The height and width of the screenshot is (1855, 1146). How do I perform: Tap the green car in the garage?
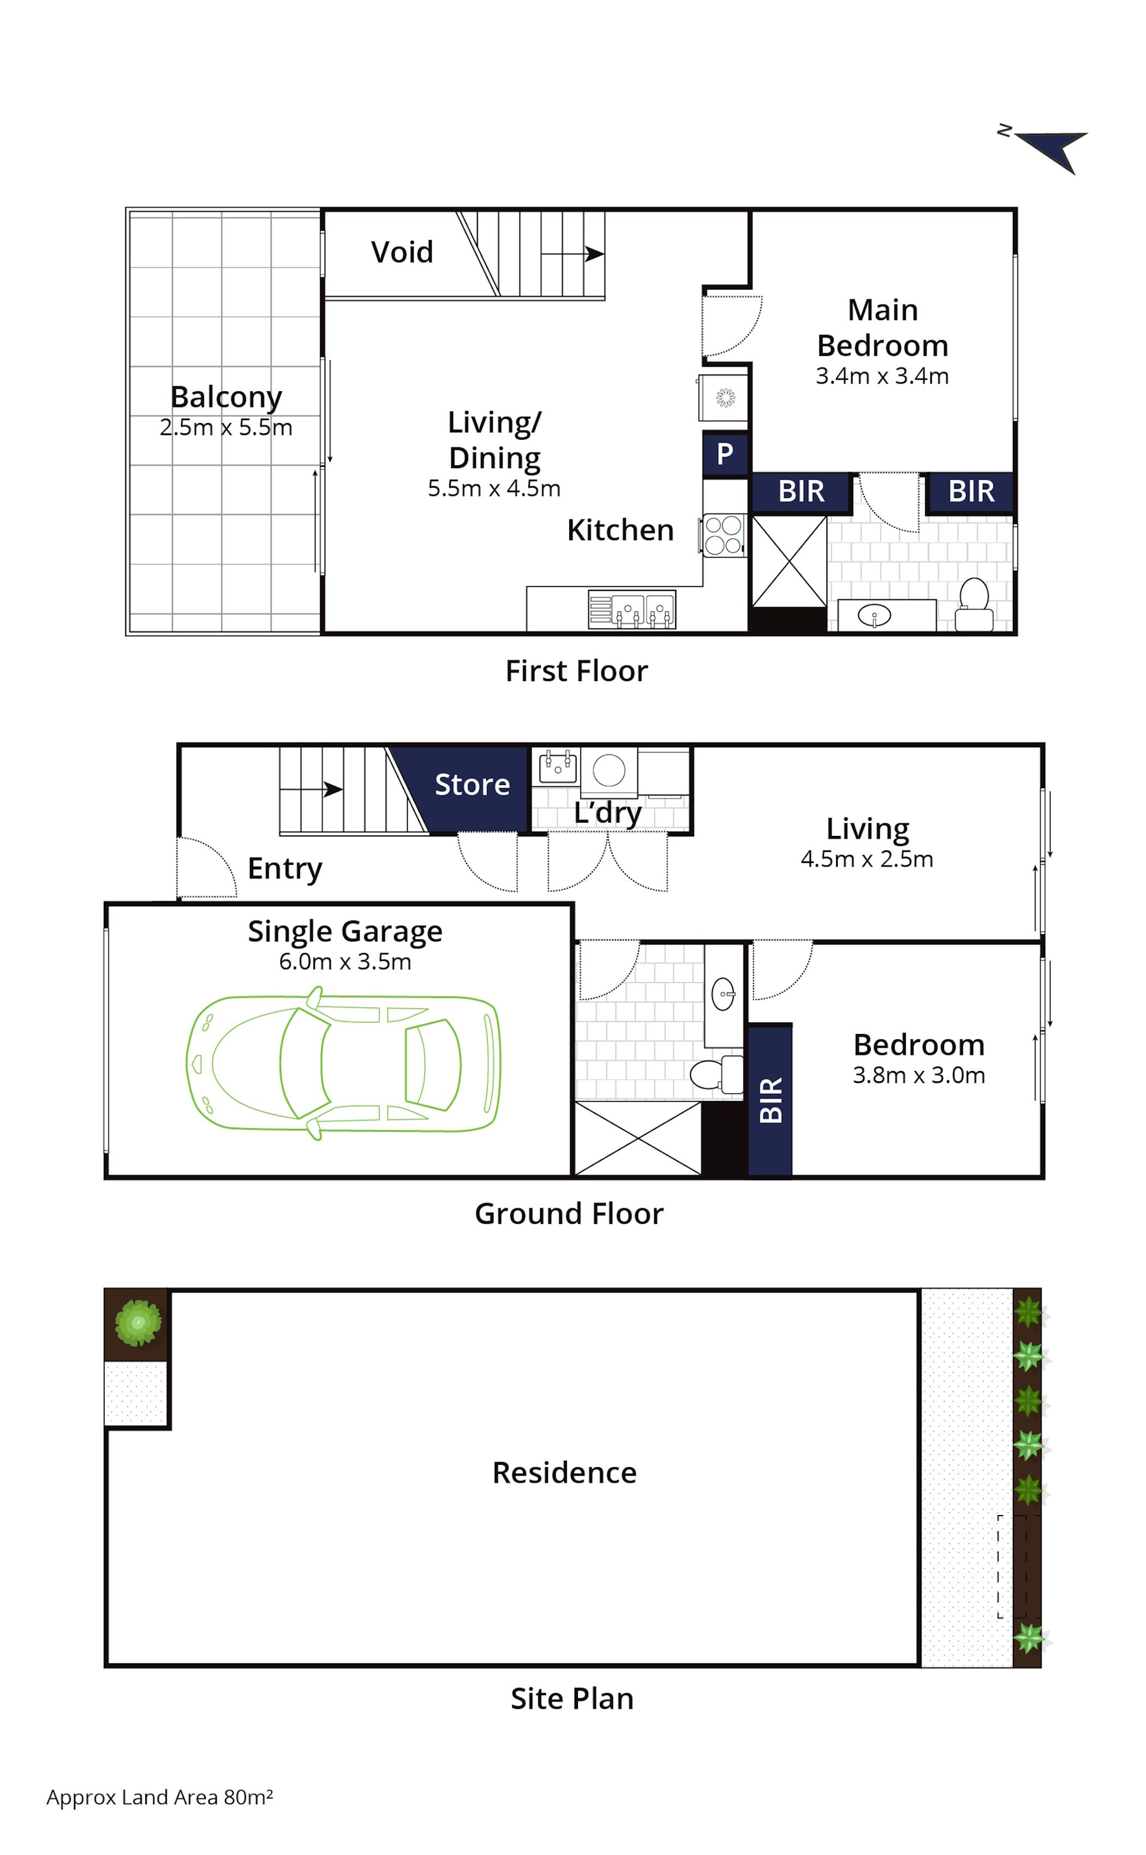[343, 1062]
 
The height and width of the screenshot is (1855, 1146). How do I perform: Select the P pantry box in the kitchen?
[725, 454]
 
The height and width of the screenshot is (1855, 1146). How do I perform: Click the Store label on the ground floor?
[472, 785]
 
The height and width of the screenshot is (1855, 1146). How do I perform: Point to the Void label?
[402, 252]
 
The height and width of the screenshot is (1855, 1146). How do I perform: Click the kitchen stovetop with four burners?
[723, 535]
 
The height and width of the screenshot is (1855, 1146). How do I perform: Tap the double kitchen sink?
[643, 610]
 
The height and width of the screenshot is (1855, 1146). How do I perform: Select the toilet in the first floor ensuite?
[974, 605]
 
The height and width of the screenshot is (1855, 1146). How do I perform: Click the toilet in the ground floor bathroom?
[716, 1074]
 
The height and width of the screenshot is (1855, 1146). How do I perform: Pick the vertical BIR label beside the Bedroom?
[771, 1100]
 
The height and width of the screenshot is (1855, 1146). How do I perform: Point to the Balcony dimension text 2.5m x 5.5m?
[226, 427]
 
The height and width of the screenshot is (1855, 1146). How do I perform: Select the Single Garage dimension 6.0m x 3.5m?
[345, 961]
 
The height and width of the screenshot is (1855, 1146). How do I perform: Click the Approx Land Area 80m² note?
[159, 1797]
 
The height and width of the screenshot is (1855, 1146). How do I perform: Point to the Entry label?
[285, 869]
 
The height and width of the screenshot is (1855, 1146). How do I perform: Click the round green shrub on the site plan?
[138, 1323]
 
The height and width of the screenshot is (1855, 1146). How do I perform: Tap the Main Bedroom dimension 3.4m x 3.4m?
[882, 376]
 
